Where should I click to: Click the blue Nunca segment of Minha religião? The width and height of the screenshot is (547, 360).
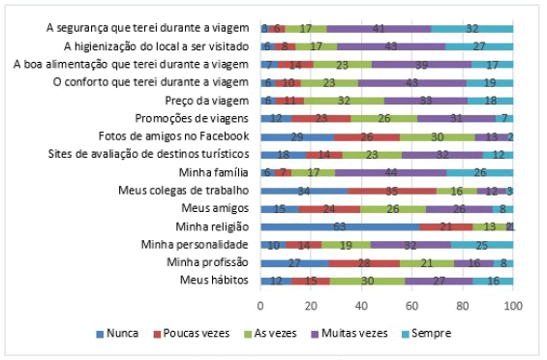click(339, 225)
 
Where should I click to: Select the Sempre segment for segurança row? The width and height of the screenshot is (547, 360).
click(471, 29)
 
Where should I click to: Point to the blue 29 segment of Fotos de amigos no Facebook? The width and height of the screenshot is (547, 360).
click(295, 135)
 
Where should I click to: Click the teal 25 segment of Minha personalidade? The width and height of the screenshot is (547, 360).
click(481, 244)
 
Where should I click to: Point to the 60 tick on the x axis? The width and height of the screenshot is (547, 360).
click(411, 305)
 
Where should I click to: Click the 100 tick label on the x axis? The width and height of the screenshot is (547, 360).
click(512, 305)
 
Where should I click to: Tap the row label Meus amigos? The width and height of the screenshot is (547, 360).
click(217, 208)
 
